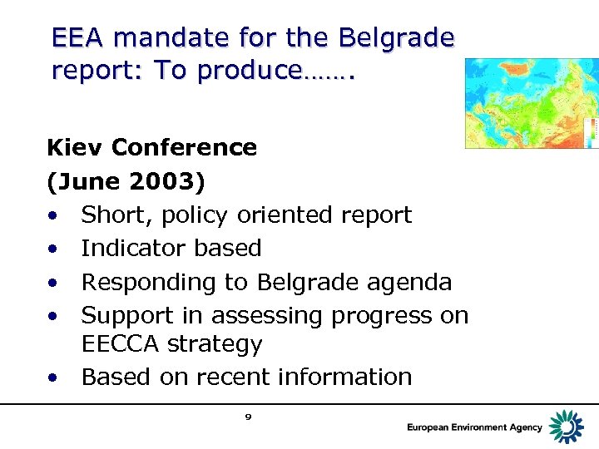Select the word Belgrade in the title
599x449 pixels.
pyautogui.click(x=397, y=38)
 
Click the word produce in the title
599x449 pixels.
pyautogui.click(x=249, y=72)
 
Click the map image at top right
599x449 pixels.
pyautogui.click(x=531, y=103)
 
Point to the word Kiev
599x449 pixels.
pyautogui.click(x=75, y=148)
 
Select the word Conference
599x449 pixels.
pyautogui.click(x=184, y=148)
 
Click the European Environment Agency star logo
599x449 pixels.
pyautogui.click(x=568, y=427)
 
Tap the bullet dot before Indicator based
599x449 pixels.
pyautogui.click(x=52, y=249)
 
